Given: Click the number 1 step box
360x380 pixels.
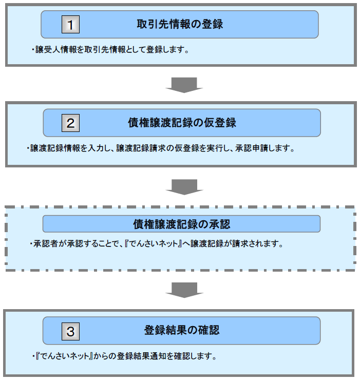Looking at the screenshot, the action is tap(70, 25).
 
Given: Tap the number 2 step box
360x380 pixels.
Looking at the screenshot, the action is tap(70, 123).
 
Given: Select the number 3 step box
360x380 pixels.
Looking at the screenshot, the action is tap(70, 331).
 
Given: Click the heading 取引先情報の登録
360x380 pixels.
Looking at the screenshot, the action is tap(180, 24).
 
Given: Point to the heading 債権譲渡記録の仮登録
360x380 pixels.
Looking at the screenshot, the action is tap(182, 123).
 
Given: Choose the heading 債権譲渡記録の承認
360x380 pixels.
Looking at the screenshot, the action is tap(181, 224).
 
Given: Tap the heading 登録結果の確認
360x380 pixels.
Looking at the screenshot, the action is tap(182, 330).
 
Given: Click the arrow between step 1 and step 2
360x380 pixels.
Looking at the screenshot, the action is tap(184, 85).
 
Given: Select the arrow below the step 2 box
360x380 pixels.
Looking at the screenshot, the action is tap(184, 187).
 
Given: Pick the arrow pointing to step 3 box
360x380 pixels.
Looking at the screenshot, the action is tap(184, 290).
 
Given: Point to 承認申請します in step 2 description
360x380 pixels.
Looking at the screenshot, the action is tap(264, 148).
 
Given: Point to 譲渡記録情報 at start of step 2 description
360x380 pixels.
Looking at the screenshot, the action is tap(55, 148).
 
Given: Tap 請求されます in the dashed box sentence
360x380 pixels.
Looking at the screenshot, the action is tap(258, 243).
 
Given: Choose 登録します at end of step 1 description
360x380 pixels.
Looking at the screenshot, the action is tap(167, 50).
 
